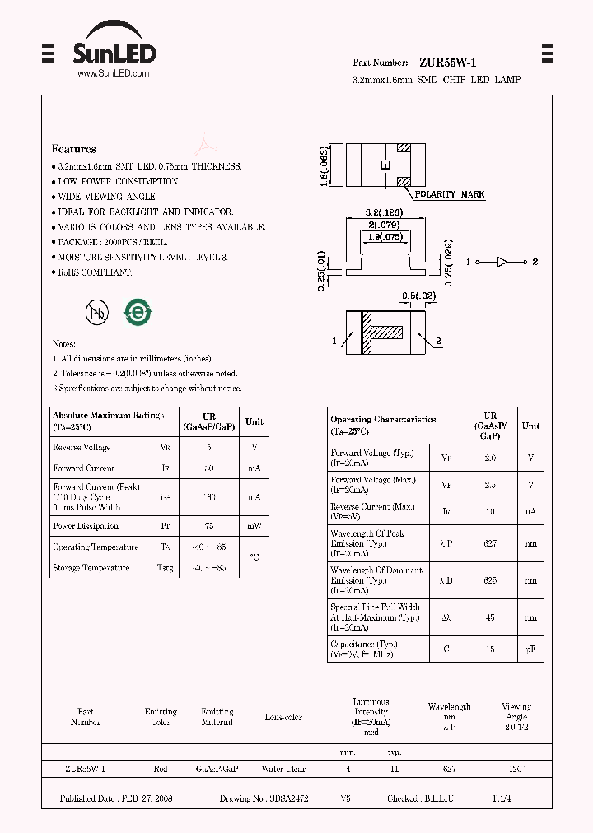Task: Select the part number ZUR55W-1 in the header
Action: click(447, 63)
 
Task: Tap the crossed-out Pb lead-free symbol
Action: click(96, 311)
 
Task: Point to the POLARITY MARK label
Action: click(449, 194)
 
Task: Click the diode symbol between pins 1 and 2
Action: click(502, 262)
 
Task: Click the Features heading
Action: click(74, 149)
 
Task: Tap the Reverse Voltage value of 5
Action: click(208, 447)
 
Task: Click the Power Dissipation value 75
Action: click(208, 526)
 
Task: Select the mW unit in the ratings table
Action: click(254, 526)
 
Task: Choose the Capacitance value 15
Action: click(490, 649)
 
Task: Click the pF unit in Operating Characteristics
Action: click(531, 649)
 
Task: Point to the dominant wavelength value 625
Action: click(490, 580)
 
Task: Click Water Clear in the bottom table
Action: click(283, 769)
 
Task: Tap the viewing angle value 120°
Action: click(516, 769)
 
